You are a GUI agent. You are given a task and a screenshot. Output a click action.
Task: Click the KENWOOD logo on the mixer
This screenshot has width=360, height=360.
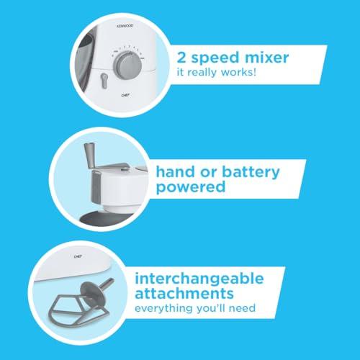(x=125, y=26)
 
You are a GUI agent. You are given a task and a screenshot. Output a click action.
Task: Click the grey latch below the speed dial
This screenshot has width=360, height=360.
(x=104, y=81)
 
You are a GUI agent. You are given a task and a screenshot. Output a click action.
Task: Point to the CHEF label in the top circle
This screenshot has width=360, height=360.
(x=125, y=96)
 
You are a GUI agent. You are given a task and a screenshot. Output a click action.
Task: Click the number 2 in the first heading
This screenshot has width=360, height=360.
(x=181, y=58)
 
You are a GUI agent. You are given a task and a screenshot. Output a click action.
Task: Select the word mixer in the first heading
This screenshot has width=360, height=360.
(x=266, y=58)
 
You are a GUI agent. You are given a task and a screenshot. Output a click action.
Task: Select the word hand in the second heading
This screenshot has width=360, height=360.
(x=175, y=172)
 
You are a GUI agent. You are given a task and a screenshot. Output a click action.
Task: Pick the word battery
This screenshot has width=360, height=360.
(x=251, y=173)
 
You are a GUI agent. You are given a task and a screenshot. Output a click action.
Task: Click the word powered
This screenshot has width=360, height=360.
(x=191, y=187)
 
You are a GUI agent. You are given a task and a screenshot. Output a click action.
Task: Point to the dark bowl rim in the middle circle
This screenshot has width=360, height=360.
(x=106, y=218)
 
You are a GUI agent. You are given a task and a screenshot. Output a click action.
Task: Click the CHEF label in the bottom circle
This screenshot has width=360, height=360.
(x=78, y=256)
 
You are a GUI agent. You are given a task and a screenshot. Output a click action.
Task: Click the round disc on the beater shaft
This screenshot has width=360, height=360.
(x=92, y=294)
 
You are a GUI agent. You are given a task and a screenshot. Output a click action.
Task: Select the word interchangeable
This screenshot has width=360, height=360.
(x=199, y=279)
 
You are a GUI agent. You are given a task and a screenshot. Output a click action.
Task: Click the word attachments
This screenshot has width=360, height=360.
(x=184, y=293)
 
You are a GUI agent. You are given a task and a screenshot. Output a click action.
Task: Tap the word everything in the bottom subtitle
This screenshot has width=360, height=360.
(x=164, y=309)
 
